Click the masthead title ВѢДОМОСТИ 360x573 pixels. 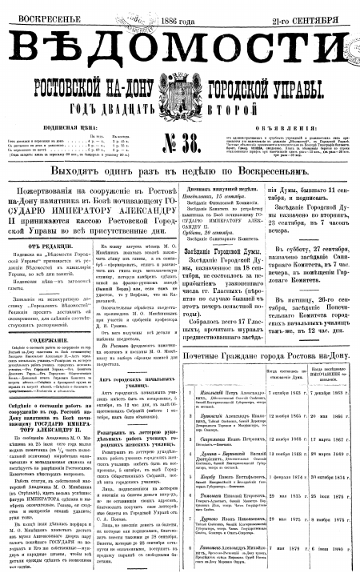(179, 39)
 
